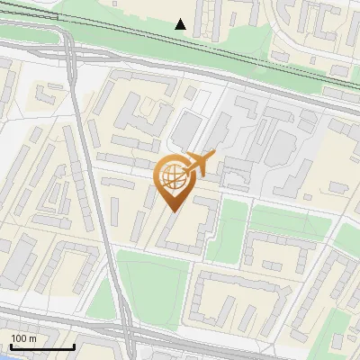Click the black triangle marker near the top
[181, 24]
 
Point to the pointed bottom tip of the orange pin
[171, 211]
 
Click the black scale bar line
[41, 347]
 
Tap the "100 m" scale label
[24, 338]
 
